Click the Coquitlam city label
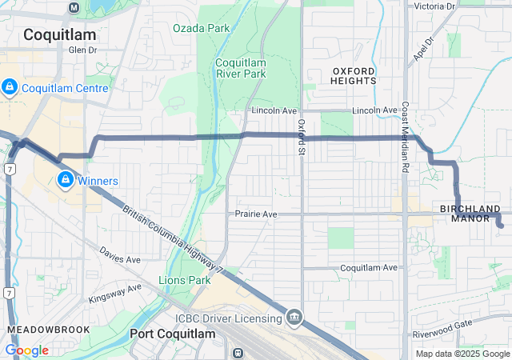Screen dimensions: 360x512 (x=59, y=34)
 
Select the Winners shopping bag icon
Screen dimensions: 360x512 (x=65, y=180)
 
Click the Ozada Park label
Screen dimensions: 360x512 (x=201, y=28)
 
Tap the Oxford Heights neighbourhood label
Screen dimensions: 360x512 (x=353, y=75)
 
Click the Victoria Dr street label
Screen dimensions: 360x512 (x=434, y=6)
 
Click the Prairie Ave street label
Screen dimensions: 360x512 (x=256, y=214)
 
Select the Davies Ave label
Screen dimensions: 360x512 (x=120, y=259)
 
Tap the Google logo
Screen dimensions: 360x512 (x=26, y=350)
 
